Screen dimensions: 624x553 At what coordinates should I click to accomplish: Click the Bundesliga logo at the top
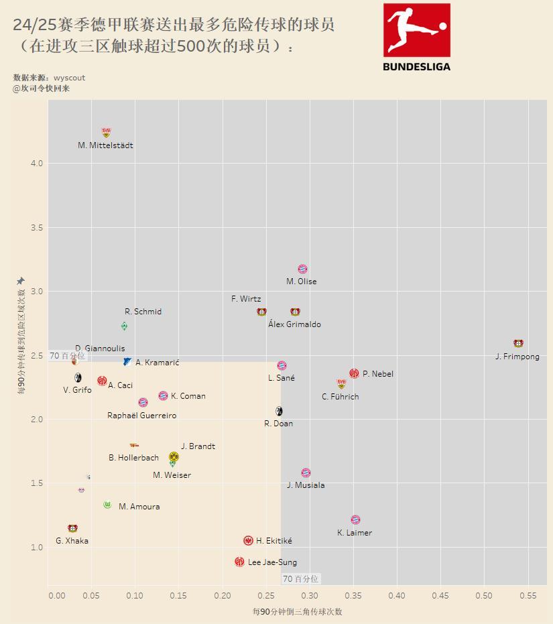click(416, 37)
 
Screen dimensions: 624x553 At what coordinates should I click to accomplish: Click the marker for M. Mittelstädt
click(106, 133)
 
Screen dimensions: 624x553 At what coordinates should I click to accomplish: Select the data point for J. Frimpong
click(518, 343)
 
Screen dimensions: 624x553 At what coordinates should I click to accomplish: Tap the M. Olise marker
click(302, 269)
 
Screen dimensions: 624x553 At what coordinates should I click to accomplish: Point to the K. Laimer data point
click(355, 519)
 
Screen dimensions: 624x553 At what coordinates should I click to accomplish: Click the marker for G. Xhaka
click(72, 528)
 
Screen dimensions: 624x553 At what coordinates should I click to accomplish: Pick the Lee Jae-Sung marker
click(239, 562)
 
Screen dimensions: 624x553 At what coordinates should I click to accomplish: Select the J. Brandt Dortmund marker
click(174, 456)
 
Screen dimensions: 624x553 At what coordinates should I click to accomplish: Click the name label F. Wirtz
click(246, 299)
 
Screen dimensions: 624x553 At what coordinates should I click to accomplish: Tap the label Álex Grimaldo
click(294, 324)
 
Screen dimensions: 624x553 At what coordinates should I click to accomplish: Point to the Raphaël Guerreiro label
click(142, 416)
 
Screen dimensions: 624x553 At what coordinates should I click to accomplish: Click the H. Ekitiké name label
click(273, 541)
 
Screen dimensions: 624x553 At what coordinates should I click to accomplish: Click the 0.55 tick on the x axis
click(528, 595)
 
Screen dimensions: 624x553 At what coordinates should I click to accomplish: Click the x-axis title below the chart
click(297, 612)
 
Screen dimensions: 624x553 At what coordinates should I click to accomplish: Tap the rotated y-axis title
click(21, 342)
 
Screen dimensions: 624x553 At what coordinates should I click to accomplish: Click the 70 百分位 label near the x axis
click(300, 578)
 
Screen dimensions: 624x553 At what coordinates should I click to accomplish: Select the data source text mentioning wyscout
click(49, 78)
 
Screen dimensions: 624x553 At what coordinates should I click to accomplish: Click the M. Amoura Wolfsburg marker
click(107, 505)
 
